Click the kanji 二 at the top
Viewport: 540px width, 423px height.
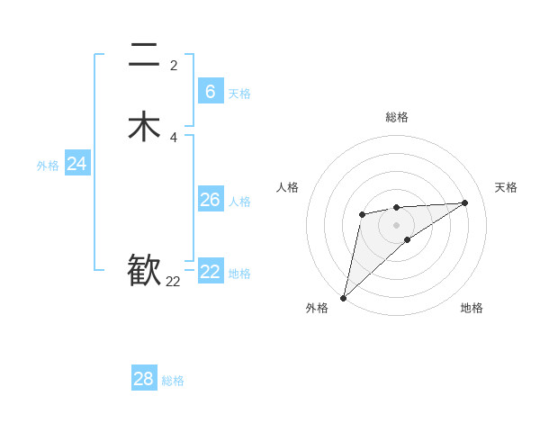point(144,57)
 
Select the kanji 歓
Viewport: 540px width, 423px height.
point(144,269)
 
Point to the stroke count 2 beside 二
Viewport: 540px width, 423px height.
point(173,65)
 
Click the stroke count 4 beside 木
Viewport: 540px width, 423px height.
point(173,138)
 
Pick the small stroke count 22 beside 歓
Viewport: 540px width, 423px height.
point(173,282)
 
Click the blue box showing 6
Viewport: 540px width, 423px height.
point(210,91)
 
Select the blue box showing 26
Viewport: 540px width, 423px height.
point(210,199)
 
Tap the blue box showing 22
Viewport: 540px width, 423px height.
point(210,271)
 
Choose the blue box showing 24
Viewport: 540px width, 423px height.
point(76,164)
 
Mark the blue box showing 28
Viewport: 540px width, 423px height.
point(143,379)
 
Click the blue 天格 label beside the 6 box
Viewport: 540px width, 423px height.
point(239,94)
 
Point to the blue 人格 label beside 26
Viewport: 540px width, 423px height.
point(239,202)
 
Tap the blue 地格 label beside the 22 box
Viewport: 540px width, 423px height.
point(239,274)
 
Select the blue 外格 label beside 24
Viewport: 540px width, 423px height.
point(48,166)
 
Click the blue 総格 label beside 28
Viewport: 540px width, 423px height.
point(173,381)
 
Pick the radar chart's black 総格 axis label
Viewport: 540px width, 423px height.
point(396,117)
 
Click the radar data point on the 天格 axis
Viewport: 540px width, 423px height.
point(465,202)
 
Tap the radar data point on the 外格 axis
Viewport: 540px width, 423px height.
point(343,297)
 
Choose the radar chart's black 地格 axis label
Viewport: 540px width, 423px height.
point(472,308)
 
